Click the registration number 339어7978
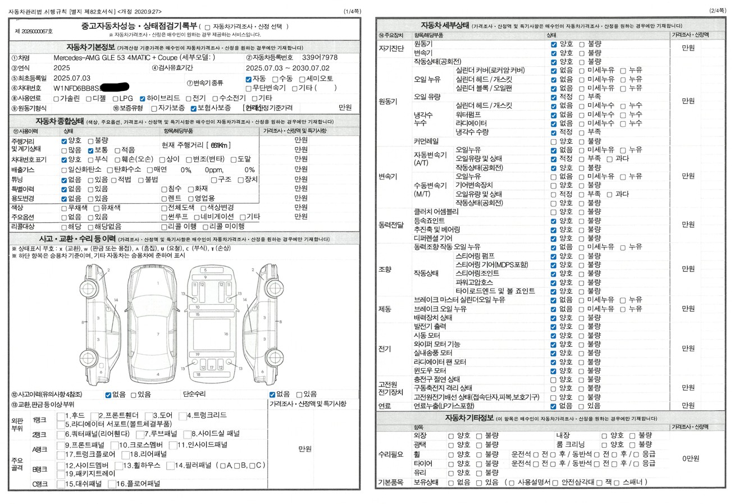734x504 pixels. click(320, 58)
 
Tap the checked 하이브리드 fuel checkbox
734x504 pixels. click(143, 98)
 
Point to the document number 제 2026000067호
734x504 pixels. click(34, 31)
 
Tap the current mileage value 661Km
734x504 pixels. click(220, 145)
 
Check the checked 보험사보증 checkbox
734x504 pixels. click(194, 108)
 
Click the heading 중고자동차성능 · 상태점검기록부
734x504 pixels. click(139, 26)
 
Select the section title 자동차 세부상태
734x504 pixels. click(445, 25)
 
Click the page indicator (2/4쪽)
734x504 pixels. click(717, 11)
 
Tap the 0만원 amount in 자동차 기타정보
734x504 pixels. click(691, 459)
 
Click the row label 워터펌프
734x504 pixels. click(471, 114)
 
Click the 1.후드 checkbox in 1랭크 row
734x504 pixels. click(61, 416)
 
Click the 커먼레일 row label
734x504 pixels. click(426, 141)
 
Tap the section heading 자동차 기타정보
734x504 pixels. click(469, 418)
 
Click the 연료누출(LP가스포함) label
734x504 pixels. click(444, 406)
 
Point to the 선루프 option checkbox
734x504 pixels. click(164, 217)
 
